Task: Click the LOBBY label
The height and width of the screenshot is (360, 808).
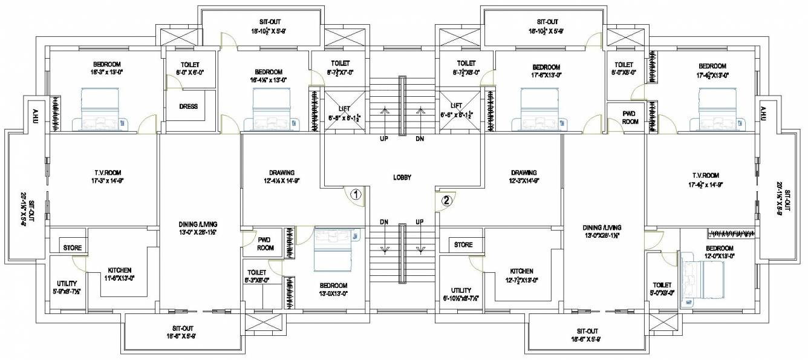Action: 402,178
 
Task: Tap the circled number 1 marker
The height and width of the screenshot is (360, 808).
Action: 356,195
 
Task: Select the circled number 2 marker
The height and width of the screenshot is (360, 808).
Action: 446,201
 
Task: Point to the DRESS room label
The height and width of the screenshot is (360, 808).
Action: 189,106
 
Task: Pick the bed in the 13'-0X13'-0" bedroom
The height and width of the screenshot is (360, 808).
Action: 333,250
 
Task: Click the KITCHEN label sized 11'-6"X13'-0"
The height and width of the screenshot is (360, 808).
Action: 120,270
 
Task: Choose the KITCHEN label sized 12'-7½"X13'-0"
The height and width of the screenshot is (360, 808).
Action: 521,272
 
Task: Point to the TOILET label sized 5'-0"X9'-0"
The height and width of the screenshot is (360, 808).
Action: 662,285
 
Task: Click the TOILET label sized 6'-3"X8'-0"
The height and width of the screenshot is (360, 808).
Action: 257,272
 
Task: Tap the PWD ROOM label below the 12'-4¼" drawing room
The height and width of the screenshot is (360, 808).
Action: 266,244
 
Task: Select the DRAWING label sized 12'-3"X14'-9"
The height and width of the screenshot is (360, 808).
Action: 523,172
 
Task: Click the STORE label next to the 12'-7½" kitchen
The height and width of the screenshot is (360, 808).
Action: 463,245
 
